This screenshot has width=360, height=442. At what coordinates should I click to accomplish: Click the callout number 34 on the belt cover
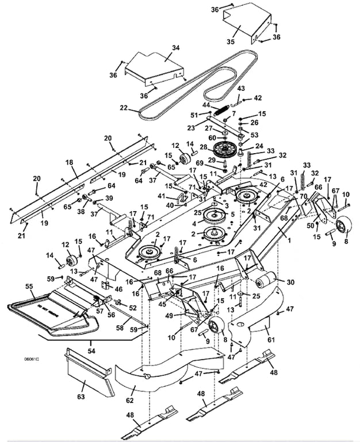[x=175, y=48]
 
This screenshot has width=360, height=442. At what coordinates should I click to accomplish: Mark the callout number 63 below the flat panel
[x=81, y=396]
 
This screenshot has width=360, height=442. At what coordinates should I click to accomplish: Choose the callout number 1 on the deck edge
[x=289, y=239]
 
